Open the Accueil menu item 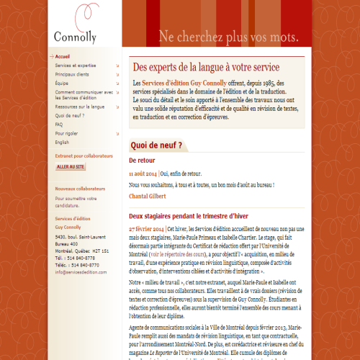pyautogui.click(x=63, y=56)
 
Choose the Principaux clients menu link pyautogui.click(x=72, y=74)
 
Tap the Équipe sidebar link pyautogui.click(x=62, y=83)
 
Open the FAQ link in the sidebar pyautogui.click(x=58, y=125)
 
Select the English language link pyautogui.click(x=63, y=143)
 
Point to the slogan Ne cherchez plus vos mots pyautogui.click(x=228, y=36)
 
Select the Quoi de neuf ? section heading pyautogui.click(x=156, y=145)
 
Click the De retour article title pyautogui.click(x=142, y=160)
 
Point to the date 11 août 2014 pyautogui.click(x=143, y=174)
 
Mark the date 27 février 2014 pyautogui.click(x=146, y=229)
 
